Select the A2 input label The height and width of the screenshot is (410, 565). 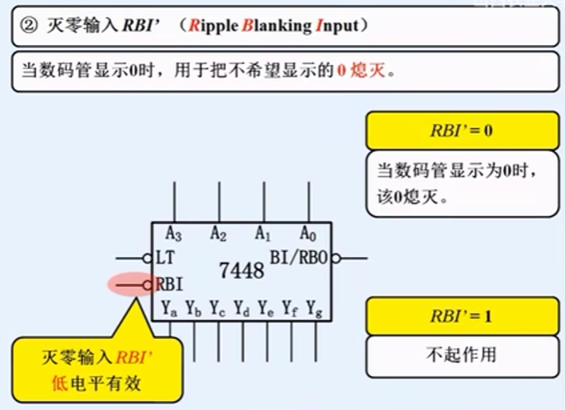point(218,234)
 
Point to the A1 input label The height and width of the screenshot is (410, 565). point(263,234)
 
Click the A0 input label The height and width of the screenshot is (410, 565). point(308,234)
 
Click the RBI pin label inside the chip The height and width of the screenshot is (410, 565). point(170,285)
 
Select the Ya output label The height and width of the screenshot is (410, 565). point(169,309)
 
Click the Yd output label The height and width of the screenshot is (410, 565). point(242,309)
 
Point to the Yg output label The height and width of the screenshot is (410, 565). point(314,309)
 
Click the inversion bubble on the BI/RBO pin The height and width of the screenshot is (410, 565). point(336,259)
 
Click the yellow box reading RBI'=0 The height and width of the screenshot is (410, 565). point(461,130)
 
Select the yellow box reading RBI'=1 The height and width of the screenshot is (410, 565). point(461,317)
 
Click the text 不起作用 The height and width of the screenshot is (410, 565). point(461,354)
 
